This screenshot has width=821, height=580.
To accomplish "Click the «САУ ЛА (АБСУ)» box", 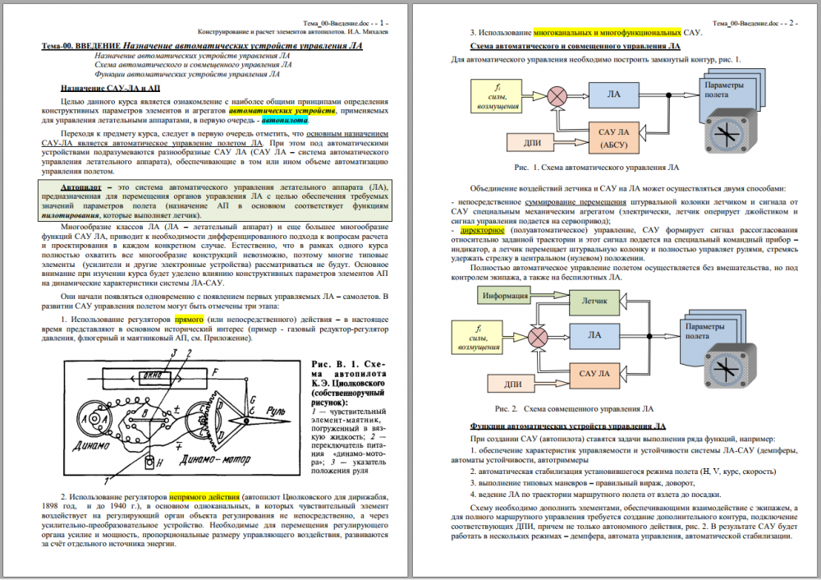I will pos(614,136).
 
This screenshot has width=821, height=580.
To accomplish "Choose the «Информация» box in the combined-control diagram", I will pos(505,295).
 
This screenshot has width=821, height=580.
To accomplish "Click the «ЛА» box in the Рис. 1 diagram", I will pos(613,95).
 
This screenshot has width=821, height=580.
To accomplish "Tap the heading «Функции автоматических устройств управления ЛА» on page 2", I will pos(568,427).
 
